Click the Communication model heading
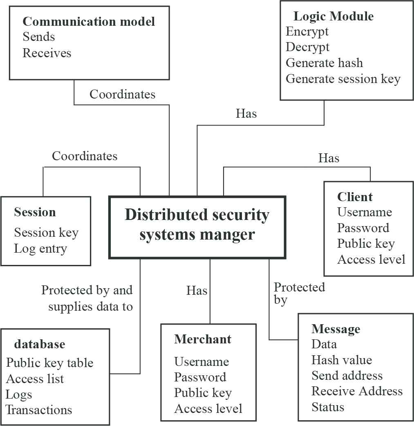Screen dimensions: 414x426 point(89,21)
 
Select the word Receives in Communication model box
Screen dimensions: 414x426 point(47,53)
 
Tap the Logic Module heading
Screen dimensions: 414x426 point(333,17)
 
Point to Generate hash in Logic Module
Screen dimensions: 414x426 point(324,63)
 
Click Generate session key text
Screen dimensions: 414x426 point(343,79)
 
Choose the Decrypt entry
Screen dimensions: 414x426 point(307,47)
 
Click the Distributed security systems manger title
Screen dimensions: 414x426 point(197,225)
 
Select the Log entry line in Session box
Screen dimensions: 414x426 point(40,249)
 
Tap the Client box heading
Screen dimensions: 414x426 point(355,197)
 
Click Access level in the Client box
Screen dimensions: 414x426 point(371,260)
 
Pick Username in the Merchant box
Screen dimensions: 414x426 point(201,362)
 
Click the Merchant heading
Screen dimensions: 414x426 point(203,339)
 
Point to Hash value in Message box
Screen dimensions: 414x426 point(342,360)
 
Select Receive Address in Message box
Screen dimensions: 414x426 point(357,391)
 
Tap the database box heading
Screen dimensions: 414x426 point(40,345)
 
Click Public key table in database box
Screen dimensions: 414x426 point(50,363)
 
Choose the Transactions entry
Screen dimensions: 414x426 point(39,410)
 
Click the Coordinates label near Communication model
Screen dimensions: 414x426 point(123,94)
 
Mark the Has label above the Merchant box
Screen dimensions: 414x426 point(197,291)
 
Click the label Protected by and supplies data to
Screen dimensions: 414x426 point(87,298)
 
